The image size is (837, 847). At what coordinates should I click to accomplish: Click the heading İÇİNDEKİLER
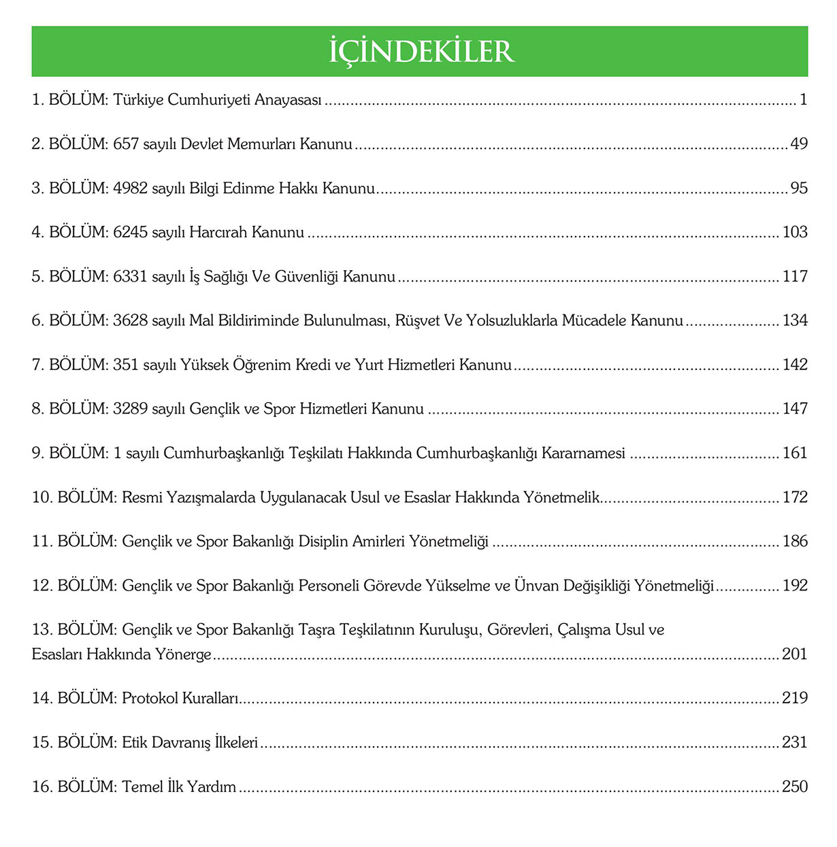pos(421,52)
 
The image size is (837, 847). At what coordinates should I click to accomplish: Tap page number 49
pos(799,144)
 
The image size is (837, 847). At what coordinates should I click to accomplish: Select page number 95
pos(799,188)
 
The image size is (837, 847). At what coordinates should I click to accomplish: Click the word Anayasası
pos(288,100)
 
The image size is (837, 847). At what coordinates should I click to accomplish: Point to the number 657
pos(126,144)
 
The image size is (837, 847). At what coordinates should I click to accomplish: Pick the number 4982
pos(131,188)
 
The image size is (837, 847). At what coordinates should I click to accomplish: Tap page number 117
pos(795,277)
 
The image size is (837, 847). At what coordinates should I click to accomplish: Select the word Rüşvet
pos(417,320)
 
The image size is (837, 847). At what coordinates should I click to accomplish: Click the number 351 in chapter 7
pos(126,365)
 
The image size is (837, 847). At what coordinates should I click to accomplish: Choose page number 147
pos(795,409)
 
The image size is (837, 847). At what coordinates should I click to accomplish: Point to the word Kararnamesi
pos(583,453)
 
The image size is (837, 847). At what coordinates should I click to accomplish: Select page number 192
pos(795,586)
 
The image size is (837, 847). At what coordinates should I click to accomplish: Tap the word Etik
pos(135,742)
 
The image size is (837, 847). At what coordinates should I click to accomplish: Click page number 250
pos(795,786)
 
